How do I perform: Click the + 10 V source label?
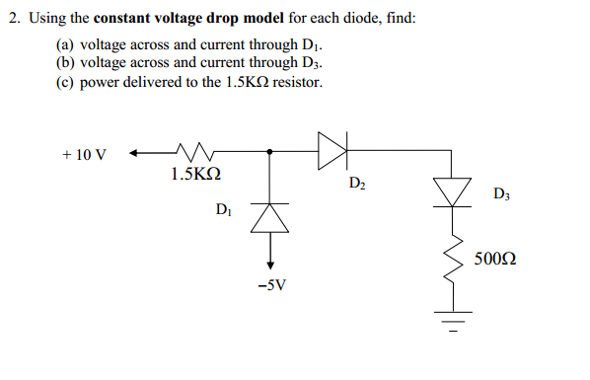[x=84, y=155]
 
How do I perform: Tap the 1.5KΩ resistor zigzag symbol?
[x=195, y=152]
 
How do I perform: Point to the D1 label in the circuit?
[x=224, y=209]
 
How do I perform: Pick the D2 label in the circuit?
[x=357, y=183]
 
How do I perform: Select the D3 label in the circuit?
[x=502, y=193]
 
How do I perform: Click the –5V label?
[x=270, y=286]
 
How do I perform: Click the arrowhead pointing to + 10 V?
[x=135, y=153]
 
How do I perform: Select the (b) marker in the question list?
[x=66, y=63]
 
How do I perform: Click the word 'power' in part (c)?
[x=100, y=82]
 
